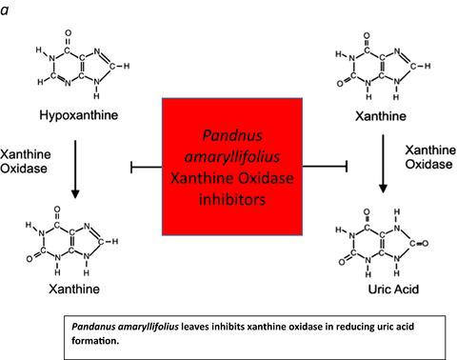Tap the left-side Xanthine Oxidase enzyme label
tap(25, 163)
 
